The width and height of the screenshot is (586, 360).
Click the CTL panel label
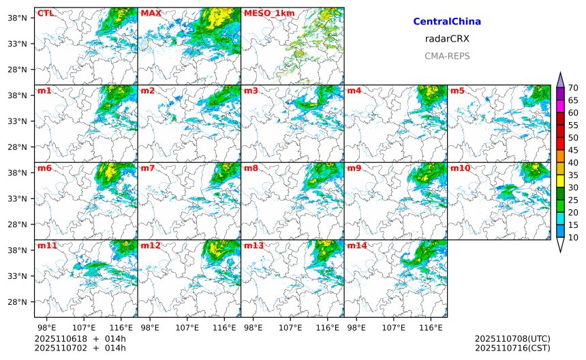(x=45, y=13)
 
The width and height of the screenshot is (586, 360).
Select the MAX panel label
(x=151, y=13)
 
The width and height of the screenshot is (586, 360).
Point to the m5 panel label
(x=457, y=91)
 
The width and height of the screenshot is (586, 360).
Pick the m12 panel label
(x=150, y=245)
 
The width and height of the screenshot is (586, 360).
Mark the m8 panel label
(x=251, y=168)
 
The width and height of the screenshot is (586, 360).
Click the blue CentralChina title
(x=447, y=22)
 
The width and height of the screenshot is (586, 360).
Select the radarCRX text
(x=447, y=39)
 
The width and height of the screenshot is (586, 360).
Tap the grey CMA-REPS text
(x=447, y=56)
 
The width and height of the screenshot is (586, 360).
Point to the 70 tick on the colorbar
(x=573, y=87)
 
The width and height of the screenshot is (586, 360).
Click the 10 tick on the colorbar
(x=573, y=237)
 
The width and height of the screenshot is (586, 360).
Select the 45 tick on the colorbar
(x=573, y=150)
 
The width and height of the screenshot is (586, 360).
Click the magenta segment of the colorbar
(x=560, y=106)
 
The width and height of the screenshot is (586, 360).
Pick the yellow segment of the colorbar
(x=560, y=181)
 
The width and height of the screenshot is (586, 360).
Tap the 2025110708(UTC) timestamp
(x=512, y=338)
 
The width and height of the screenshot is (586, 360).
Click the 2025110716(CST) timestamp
(x=512, y=348)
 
